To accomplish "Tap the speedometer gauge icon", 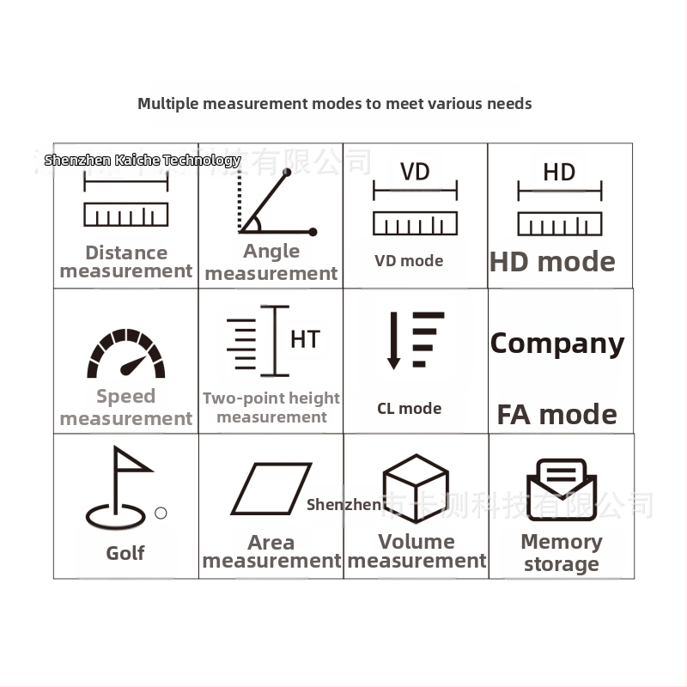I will point(126,354).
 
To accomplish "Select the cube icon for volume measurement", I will point(416,488).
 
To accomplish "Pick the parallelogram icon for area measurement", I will point(271,489).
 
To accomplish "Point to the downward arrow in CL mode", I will point(393,341).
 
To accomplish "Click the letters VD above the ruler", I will point(415,172).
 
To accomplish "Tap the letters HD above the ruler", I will point(559,172).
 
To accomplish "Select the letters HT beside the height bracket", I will point(305,339).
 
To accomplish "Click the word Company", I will point(556,343).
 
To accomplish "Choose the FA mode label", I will point(556,415).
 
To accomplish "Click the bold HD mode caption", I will point(552,262).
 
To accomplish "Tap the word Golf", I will point(125,553).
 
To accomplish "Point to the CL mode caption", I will point(410,409).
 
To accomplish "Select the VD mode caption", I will point(409,261).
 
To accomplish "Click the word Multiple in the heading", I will point(168,104).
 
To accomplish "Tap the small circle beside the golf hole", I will point(161,513).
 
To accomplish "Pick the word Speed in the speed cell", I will point(125,397).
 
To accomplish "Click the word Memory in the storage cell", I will point(562,543).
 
